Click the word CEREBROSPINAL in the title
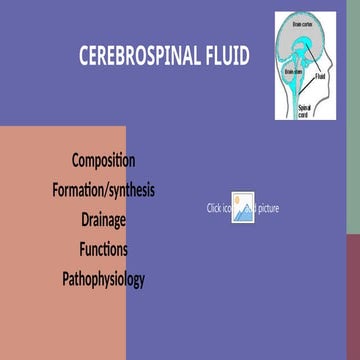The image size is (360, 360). click(139, 55)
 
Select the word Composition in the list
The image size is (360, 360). click(103, 160)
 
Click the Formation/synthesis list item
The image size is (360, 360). click(103, 189)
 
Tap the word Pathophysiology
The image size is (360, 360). click(103, 279)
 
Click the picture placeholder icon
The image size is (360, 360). click(243, 205)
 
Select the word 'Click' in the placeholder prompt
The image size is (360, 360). click(214, 208)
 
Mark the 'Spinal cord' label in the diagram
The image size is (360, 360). click(303, 109)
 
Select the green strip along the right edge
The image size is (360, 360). click(353, 120)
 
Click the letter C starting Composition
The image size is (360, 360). click(76, 160)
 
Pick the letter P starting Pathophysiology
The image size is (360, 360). click(65, 279)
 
